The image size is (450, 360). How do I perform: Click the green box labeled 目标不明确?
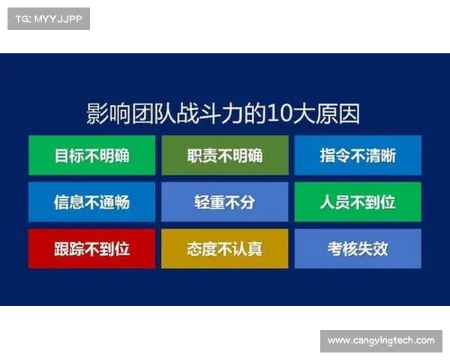click(91, 155)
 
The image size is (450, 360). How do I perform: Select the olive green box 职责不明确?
click(224, 155)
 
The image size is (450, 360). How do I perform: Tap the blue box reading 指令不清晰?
click(358, 155)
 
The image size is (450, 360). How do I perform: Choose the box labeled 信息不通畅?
click(91, 202)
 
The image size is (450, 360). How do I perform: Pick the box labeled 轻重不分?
click(224, 202)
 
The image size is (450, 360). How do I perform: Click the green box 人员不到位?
click(358, 202)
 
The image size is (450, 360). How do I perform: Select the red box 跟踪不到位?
click(91, 248)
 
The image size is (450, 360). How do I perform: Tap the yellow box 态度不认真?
click(224, 248)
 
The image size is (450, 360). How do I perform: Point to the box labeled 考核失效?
click(358, 248)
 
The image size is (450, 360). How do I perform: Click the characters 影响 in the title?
click(109, 113)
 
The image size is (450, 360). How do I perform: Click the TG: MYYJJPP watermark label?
click(48, 18)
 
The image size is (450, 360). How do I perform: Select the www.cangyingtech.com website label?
click(381, 340)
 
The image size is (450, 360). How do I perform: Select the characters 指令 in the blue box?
click(333, 155)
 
